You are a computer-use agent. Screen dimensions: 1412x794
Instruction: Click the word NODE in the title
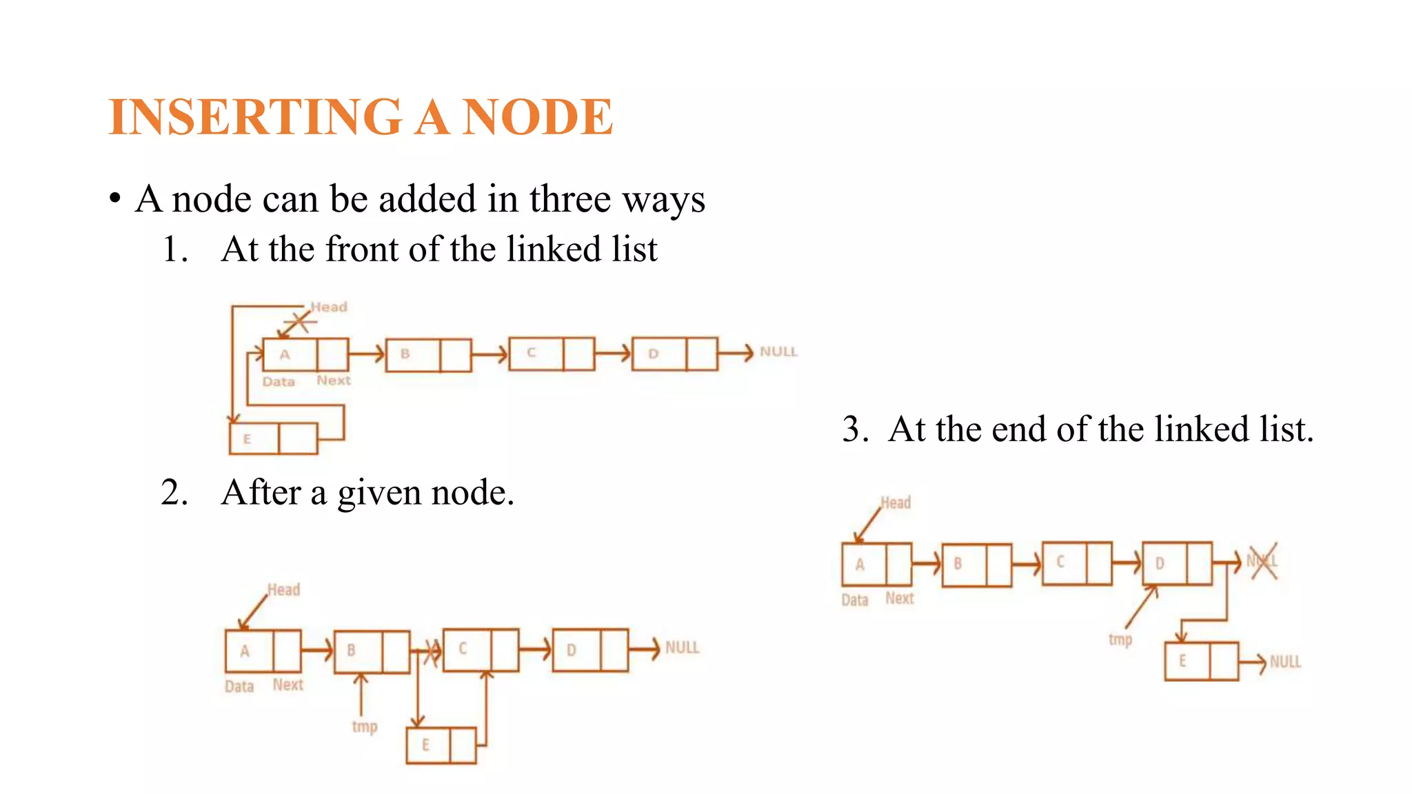(537, 116)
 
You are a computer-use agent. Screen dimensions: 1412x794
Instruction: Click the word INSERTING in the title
(255, 116)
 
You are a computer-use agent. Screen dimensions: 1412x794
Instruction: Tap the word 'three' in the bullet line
(569, 199)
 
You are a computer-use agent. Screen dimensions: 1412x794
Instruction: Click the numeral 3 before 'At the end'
(855, 429)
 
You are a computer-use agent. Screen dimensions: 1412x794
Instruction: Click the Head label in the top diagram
(329, 307)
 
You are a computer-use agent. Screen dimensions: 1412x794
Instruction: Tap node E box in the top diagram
(254, 438)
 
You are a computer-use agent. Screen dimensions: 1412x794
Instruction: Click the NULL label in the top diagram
(778, 352)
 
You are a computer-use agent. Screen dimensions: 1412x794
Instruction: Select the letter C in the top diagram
(532, 353)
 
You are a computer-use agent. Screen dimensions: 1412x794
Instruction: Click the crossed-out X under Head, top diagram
(301, 321)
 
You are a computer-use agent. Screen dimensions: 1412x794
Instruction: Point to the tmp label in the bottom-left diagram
(365, 726)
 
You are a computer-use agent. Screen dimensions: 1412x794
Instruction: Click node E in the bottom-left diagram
(427, 745)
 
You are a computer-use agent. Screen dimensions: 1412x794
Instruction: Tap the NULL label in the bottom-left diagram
(682, 647)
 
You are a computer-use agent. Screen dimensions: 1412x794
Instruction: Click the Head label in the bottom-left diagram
(283, 590)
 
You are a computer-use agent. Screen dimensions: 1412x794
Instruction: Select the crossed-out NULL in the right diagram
(1262, 561)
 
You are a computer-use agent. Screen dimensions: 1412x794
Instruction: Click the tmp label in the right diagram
(1120, 640)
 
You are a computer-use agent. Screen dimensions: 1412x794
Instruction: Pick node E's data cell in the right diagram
(1184, 661)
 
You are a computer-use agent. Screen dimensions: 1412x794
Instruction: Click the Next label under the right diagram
(899, 598)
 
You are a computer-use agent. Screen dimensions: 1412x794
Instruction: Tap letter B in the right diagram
(958, 564)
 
